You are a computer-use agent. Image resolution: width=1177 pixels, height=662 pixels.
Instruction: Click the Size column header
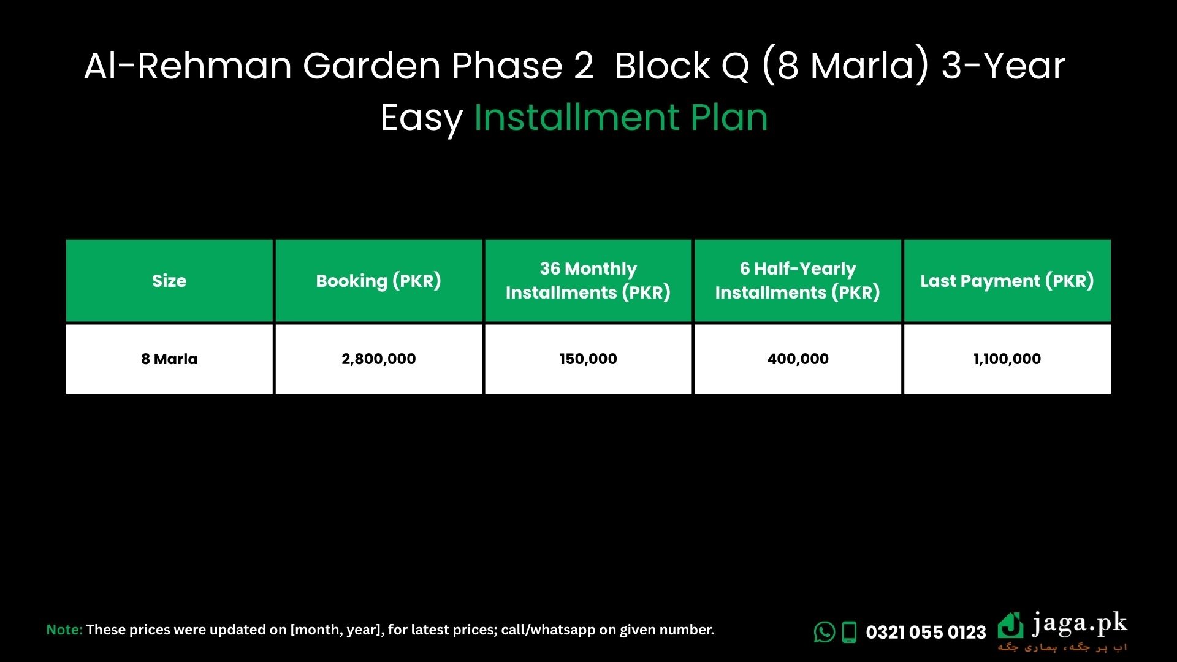[169, 281]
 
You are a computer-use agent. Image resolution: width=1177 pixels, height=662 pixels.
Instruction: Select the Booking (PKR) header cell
[379, 281]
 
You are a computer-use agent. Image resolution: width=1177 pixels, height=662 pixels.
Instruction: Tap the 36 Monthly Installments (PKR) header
[588, 281]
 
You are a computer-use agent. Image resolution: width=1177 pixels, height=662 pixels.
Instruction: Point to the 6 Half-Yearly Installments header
[798, 281]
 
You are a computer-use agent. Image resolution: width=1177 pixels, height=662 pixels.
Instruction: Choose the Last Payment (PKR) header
[1007, 281]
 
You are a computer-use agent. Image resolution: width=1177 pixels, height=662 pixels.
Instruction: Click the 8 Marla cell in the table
[169, 359]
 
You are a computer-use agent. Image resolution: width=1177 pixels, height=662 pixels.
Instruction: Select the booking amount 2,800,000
[379, 359]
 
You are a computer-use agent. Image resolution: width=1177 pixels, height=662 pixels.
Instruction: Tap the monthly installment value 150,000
[588, 359]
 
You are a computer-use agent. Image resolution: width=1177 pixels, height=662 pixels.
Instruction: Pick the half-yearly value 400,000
[798, 359]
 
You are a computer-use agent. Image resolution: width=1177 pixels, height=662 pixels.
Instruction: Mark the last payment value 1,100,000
[1007, 359]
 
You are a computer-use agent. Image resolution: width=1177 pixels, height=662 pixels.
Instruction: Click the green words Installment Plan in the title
[621, 117]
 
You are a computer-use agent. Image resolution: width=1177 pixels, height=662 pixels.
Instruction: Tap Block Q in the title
[682, 66]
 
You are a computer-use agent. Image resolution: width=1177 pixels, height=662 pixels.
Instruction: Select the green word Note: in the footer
[64, 630]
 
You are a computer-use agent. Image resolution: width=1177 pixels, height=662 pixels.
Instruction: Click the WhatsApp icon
[825, 632]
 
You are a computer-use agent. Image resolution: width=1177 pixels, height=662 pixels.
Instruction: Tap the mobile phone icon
[849, 632]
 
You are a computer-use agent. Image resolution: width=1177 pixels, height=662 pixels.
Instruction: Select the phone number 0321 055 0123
[926, 632]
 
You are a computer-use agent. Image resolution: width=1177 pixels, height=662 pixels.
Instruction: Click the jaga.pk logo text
[1080, 625]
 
